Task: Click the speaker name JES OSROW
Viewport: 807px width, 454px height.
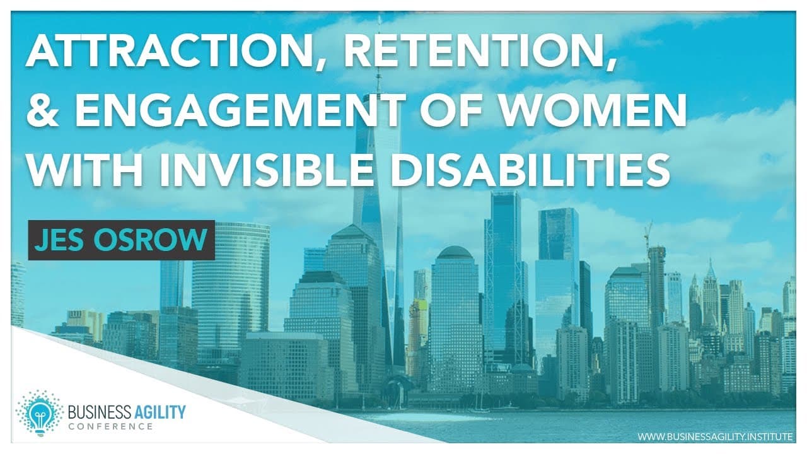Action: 121,240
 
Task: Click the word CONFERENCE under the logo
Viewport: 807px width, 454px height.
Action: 110,427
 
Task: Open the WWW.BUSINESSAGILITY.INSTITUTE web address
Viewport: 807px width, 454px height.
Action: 715,437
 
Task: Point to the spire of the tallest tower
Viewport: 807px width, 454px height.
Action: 378,54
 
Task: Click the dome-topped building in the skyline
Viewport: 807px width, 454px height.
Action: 455,317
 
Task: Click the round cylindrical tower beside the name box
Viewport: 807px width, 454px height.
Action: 231,288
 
